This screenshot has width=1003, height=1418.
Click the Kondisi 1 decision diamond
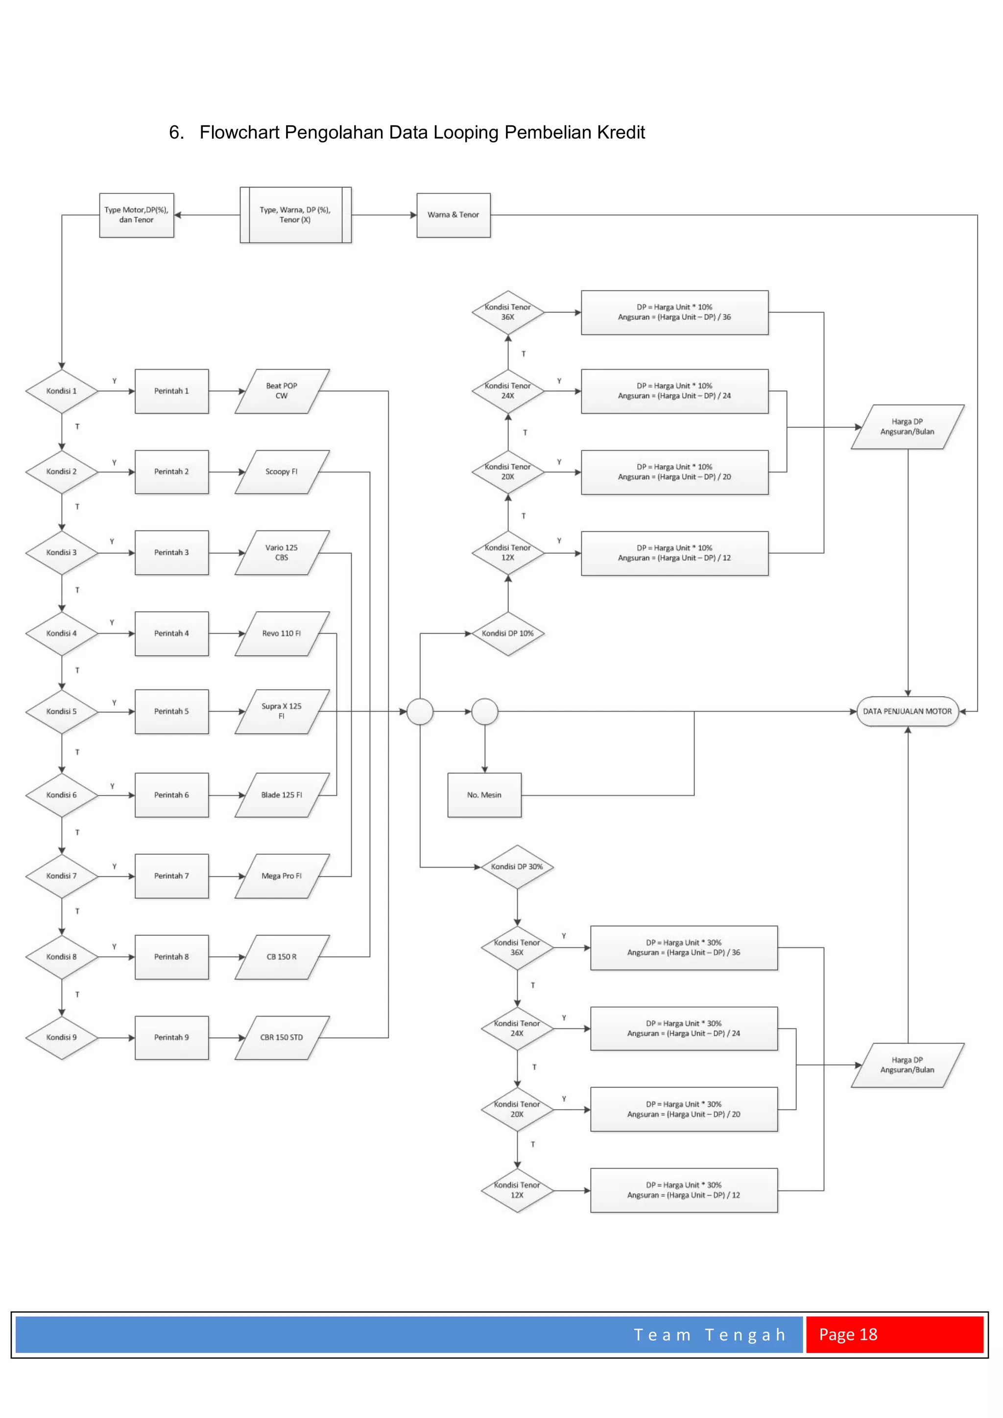tap(61, 391)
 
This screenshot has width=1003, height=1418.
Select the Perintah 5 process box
tap(172, 711)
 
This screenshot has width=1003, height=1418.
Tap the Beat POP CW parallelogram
tap(282, 391)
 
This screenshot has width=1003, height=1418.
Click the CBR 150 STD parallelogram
tap(282, 1038)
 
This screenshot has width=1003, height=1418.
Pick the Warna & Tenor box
tap(454, 215)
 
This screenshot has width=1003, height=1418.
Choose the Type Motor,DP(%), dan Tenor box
tap(137, 215)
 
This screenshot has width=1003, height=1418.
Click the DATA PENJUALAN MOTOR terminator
tap(907, 711)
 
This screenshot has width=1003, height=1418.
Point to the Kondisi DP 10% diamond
tap(508, 634)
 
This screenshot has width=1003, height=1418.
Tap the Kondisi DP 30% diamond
tap(517, 867)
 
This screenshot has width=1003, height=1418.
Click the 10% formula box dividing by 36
tap(674, 312)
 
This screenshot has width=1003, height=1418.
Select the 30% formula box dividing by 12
tap(684, 1190)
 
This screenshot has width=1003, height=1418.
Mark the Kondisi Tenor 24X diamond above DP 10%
tap(508, 391)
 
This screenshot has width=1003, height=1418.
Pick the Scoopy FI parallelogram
tap(282, 472)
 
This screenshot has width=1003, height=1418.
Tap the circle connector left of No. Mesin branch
tap(420, 711)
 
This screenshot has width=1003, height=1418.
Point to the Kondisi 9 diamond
tap(61, 1038)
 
